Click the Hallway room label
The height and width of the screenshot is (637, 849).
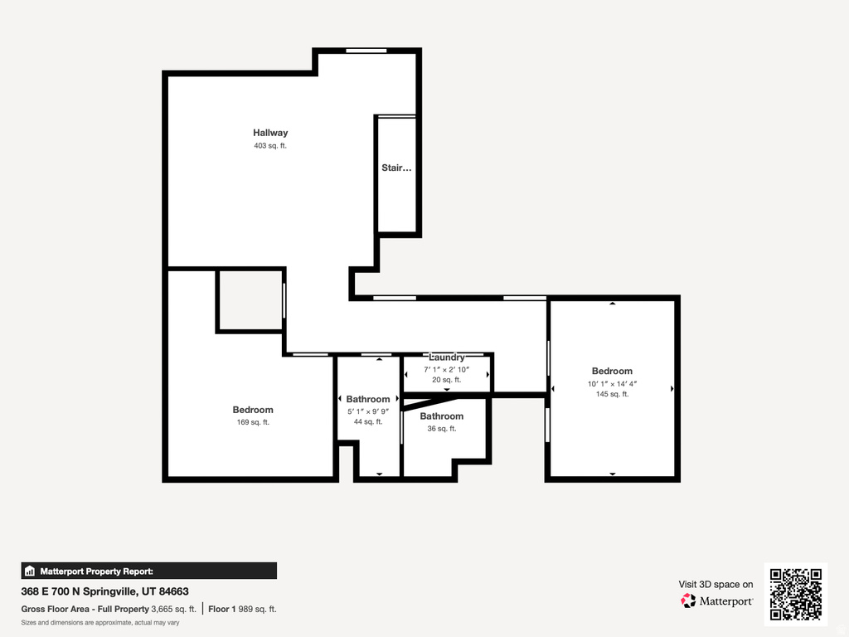pos(270,133)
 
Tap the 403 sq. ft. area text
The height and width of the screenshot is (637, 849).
pos(270,146)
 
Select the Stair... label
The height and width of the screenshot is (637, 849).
pos(396,168)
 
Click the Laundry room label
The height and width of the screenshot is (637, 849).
pos(447,357)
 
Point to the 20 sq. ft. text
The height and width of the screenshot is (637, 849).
pos(447,380)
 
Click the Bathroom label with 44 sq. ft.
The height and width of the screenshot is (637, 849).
pos(368,399)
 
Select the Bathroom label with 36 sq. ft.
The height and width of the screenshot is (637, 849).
pos(441,416)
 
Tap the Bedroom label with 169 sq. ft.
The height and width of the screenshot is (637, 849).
pos(253,410)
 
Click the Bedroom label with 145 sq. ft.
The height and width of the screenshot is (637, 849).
pos(612,372)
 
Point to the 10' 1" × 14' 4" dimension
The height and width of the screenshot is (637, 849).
pos(612,384)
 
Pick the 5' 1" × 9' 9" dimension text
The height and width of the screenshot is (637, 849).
pos(368,411)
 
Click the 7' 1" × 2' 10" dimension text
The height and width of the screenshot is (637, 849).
pos(447,369)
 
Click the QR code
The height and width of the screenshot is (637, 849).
pos(796,594)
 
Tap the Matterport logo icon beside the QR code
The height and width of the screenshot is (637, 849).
pos(688,601)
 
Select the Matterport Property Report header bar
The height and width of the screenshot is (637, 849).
pos(149,571)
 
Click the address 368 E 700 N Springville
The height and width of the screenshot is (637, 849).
pos(105,591)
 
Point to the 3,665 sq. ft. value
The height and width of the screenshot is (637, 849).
pos(174,609)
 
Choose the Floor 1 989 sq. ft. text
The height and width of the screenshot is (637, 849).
pos(242,609)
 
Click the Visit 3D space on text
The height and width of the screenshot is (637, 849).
pos(716,585)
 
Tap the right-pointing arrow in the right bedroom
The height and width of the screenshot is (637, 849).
pos(672,388)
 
